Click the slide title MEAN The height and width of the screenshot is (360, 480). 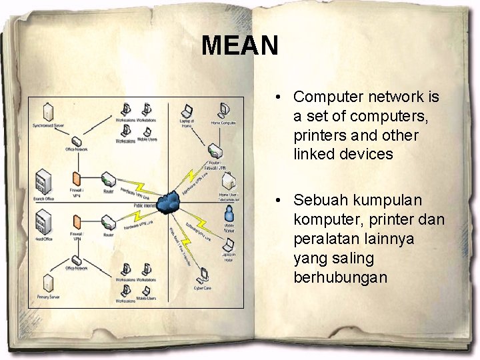pyautogui.click(x=239, y=45)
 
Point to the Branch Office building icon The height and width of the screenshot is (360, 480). pyautogui.click(x=44, y=179)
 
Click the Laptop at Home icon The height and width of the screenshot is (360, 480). pyautogui.click(x=187, y=111)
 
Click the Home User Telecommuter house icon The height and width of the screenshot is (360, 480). pyautogui.click(x=228, y=181)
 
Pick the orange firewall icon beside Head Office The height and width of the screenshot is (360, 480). pyautogui.click(x=77, y=222)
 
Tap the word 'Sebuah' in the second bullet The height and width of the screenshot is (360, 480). pyautogui.click(x=319, y=200)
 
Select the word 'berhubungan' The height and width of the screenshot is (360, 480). pyautogui.click(x=340, y=277)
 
